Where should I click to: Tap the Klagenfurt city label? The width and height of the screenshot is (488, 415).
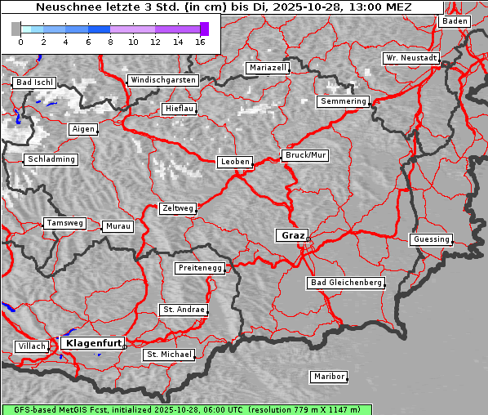[92, 343]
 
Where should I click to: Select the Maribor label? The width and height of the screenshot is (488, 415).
[328, 377]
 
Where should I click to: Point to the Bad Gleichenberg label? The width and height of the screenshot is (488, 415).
[345, 283]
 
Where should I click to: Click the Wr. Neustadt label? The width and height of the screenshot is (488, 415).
[411, 59]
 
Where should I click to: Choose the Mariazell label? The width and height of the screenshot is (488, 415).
[268, 68]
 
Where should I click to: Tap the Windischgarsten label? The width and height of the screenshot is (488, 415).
[162, 80]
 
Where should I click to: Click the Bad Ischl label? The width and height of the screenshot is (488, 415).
[34, 83]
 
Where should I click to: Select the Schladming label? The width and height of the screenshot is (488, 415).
[51, 159]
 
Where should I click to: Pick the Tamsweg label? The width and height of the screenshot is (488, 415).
[64, 223]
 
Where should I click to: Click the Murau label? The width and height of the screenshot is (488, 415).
[118, 225]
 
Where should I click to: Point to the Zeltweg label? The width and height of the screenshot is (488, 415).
[177, 208]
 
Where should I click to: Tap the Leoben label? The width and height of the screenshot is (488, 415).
[235, 162]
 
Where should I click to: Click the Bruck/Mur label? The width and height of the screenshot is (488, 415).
[304, 155]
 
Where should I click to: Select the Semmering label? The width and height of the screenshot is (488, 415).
[343, 101]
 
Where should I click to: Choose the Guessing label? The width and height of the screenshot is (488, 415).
[430, 239]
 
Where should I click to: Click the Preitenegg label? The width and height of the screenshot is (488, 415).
[199, 268]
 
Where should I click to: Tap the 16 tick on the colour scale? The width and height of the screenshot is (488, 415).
[200, 42]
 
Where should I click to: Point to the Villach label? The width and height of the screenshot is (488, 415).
[31, 346]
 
